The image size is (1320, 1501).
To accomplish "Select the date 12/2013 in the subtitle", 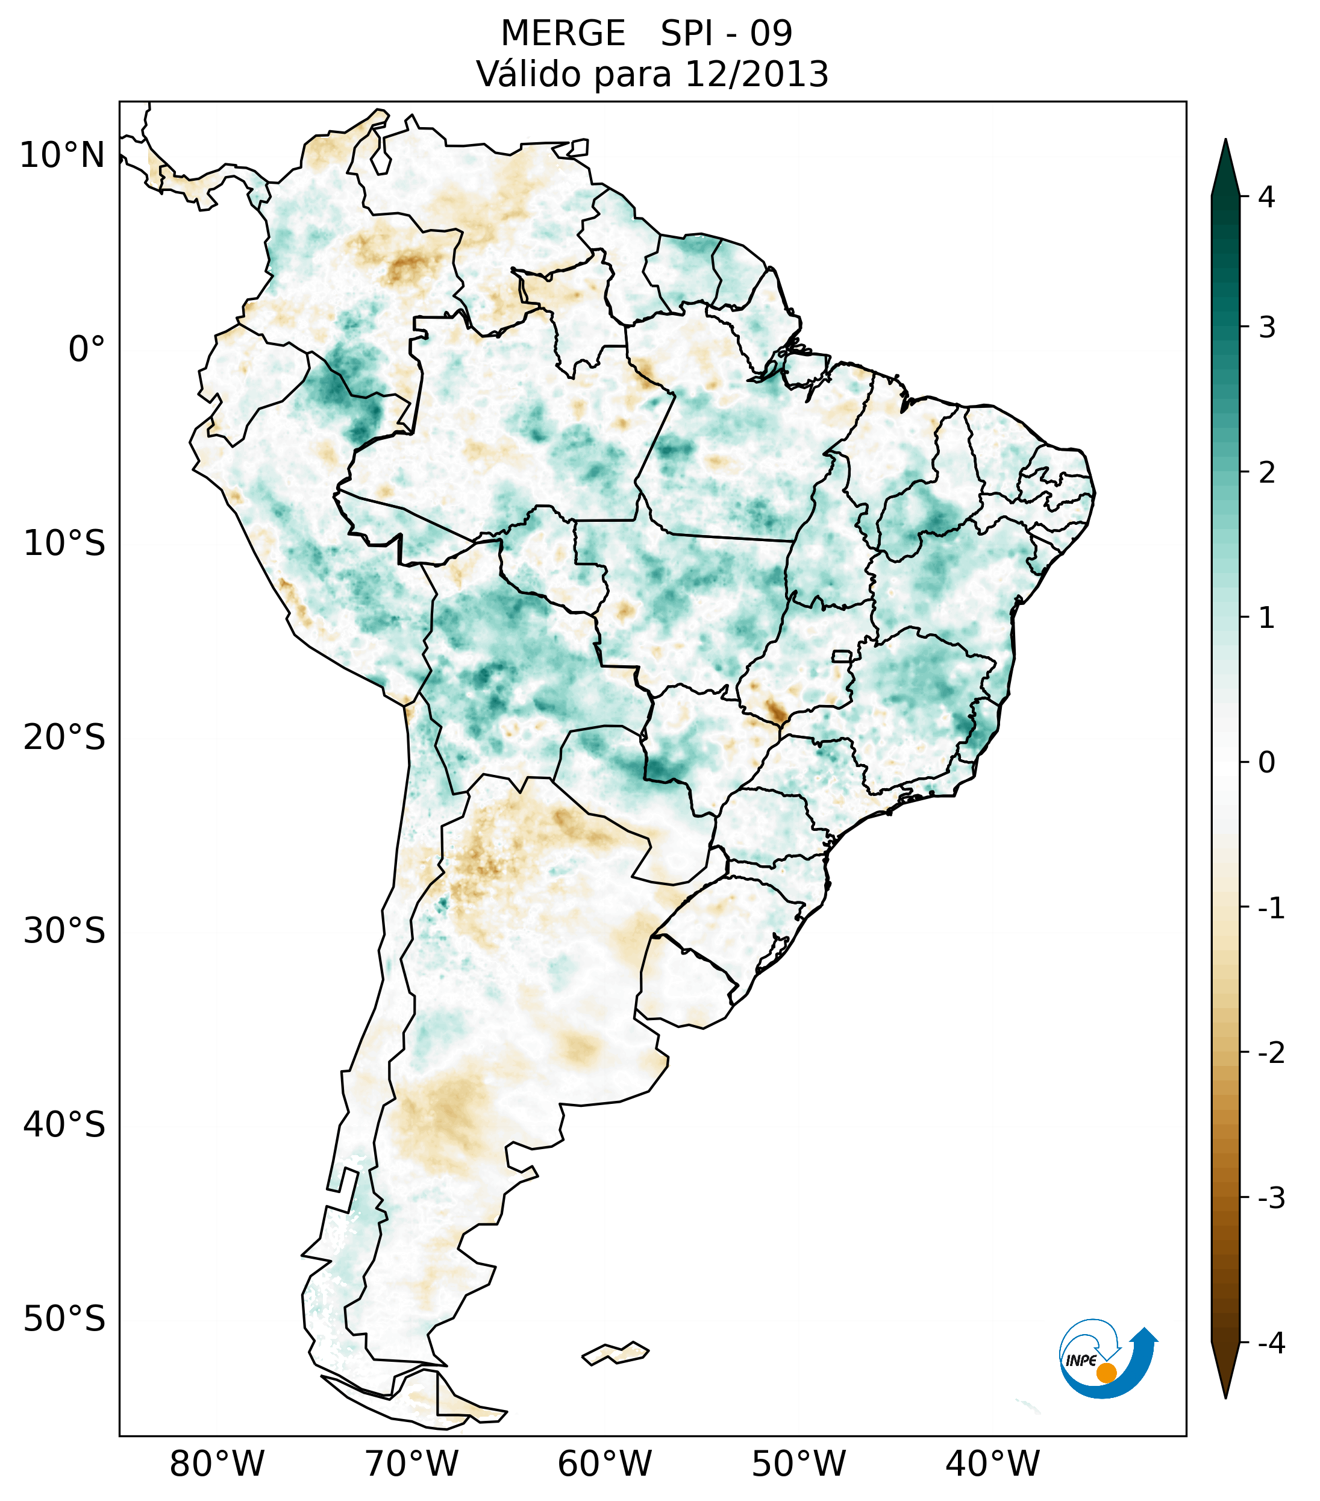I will [756, 74].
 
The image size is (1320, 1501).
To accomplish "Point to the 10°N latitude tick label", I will [63, 155].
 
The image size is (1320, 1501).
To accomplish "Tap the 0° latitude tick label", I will [87, 349].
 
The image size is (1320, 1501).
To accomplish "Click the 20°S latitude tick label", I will [64, 738].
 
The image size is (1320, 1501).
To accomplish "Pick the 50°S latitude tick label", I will [64, 1319].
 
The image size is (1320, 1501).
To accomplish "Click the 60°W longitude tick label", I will [604, 1464].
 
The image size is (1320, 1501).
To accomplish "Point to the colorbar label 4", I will [1266, 197].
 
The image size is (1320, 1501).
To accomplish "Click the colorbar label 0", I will [1266, 763].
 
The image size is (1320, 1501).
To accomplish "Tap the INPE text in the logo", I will [1081, 1361].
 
